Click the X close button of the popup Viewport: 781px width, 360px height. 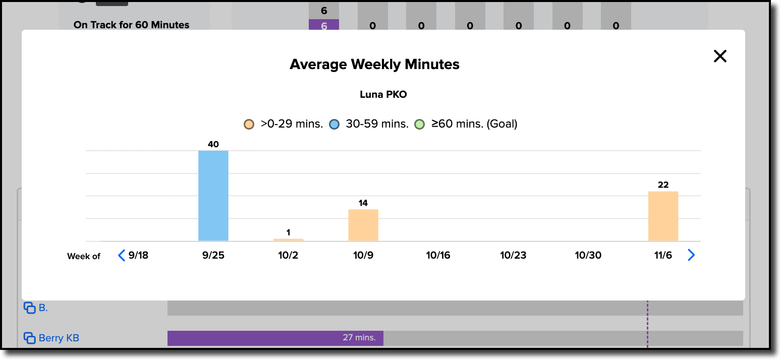pos(720,56)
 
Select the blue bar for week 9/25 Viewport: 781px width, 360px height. pos(213,196)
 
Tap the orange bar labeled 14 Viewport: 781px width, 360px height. pos(363,225)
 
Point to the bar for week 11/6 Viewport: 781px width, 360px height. pos(663,216)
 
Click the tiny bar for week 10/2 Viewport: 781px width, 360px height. pos(288,239)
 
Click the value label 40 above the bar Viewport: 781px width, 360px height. pos(213,144)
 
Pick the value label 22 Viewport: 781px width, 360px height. pos(663,185)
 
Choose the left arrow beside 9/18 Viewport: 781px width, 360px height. pos(121,256)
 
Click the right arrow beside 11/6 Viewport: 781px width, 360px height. pos(691,256)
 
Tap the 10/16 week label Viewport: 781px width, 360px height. pos(438,256)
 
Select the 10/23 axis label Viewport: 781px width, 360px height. pos(513,256)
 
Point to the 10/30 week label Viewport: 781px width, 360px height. pos(588,256)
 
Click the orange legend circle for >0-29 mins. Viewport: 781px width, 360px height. pos(249,124)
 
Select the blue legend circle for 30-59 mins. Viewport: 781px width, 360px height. pos(334,124)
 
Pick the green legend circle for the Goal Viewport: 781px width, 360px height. pos(419,124)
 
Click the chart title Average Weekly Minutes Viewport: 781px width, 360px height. pos(374,65)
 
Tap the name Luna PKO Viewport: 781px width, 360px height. pos(383,94)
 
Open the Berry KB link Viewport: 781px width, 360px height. pos(59,338)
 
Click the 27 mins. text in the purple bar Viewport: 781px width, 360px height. pos(359,337)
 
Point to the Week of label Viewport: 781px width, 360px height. pos(84,256)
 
